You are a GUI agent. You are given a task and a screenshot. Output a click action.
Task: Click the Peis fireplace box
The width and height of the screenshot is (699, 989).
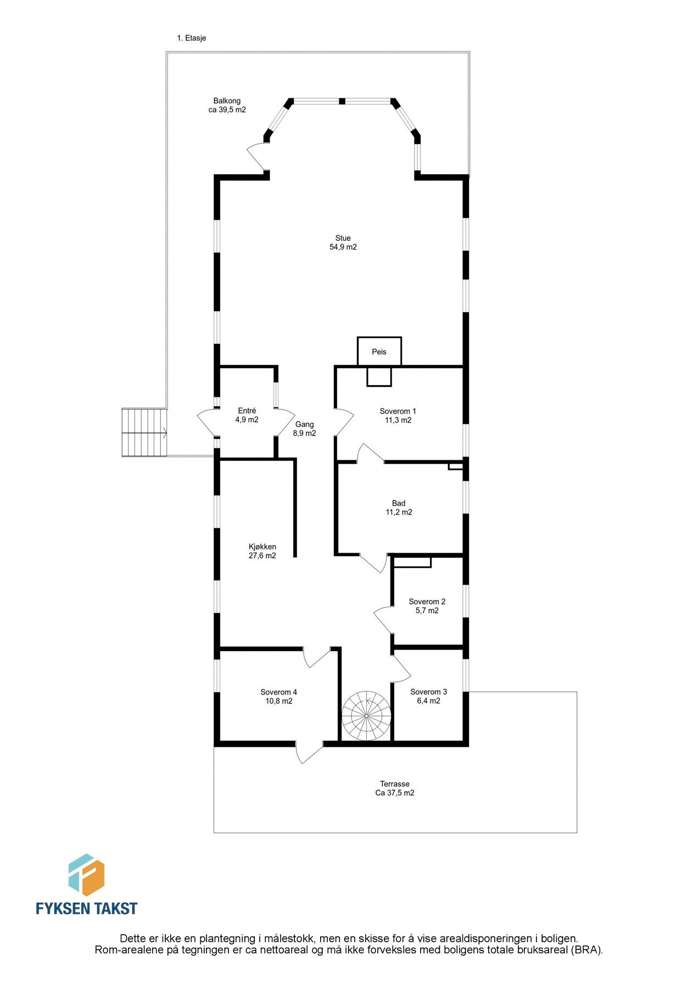coord(379,352)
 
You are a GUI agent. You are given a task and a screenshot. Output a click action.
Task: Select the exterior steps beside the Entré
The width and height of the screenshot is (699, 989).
coord(144,432)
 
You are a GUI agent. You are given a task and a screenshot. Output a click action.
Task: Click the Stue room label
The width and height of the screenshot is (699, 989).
coord(343,242)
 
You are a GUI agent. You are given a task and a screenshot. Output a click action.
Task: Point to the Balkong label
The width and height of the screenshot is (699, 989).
coord(227,105)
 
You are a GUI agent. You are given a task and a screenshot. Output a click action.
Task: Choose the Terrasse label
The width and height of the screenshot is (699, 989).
coord(395,788)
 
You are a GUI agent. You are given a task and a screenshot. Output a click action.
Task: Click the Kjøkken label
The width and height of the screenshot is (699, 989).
coord(262,551)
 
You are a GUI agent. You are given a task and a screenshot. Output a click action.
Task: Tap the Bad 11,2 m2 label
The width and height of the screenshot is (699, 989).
coord(399,508)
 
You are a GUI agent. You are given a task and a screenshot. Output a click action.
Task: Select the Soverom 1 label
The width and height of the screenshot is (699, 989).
coord(398,415)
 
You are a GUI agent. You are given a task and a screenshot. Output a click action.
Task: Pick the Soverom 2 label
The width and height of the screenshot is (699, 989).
coord(427,606)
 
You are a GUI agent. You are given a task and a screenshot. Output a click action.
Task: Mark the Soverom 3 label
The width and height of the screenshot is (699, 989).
coord(428,696)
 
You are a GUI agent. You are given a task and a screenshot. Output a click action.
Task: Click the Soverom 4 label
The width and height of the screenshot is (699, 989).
coord(278,696)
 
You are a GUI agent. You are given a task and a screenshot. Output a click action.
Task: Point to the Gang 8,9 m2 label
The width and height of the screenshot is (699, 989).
coord(305,429)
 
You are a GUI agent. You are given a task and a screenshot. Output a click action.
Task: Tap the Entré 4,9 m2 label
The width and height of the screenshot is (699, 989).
coord(247,415)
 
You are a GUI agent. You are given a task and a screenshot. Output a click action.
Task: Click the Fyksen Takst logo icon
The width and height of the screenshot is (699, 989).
coord(86,875)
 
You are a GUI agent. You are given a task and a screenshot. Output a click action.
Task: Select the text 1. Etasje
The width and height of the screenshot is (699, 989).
coord(192,38)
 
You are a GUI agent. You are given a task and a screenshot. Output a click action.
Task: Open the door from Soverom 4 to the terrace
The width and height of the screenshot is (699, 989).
coord(309,752)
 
